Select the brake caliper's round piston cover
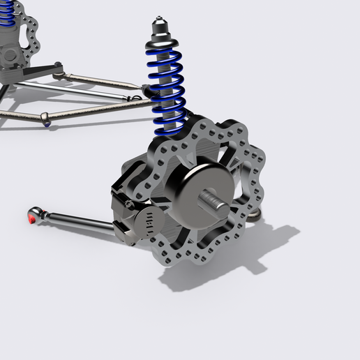pos(151,223)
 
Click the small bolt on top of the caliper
pos(130,202)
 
